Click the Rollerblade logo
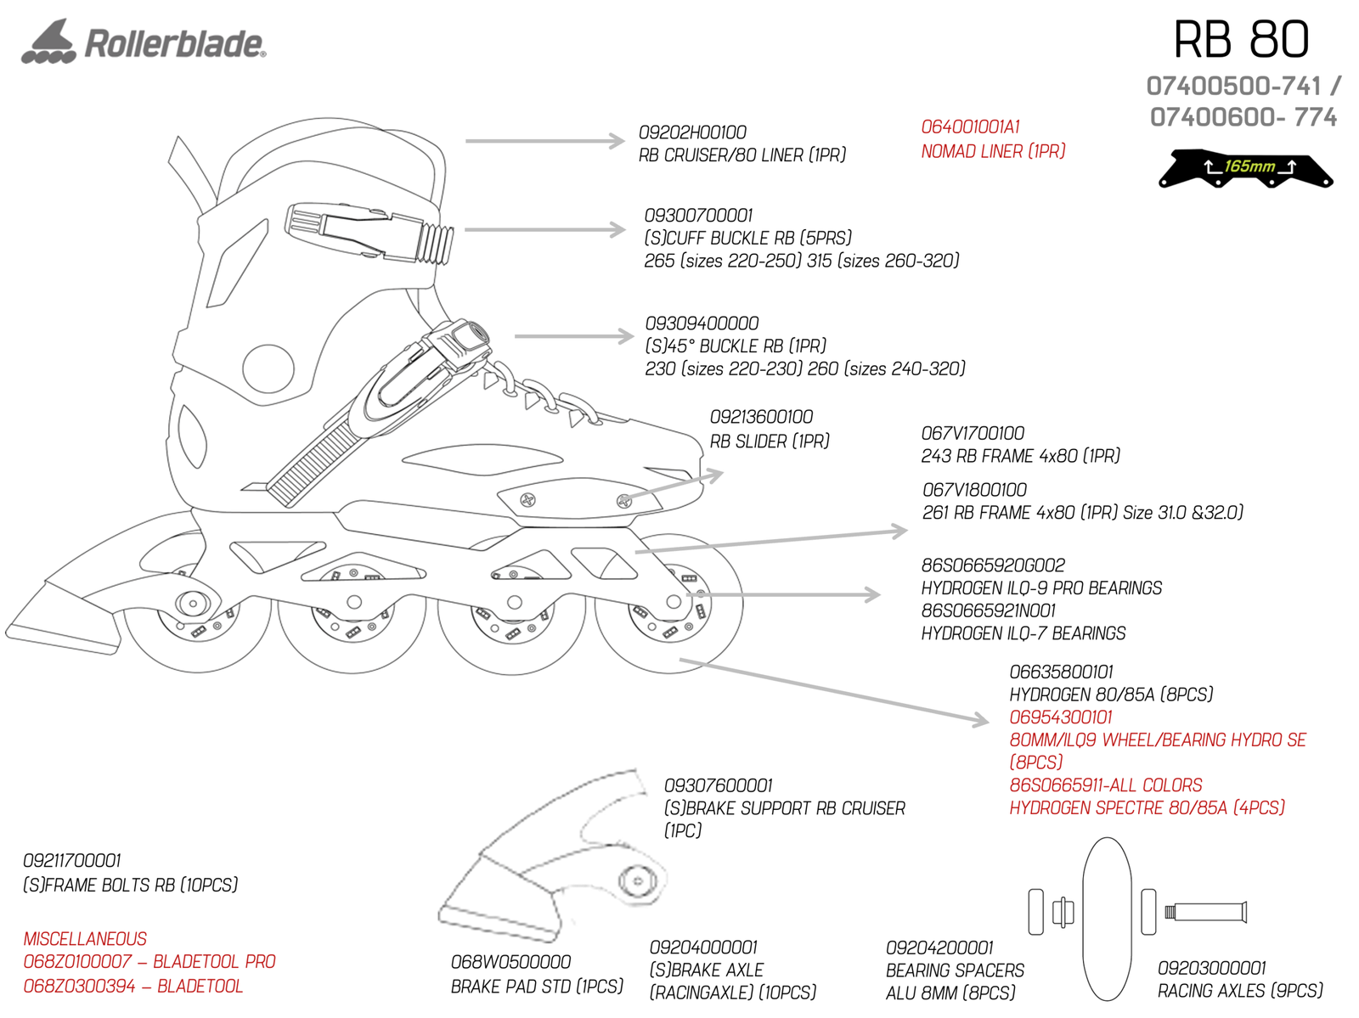coord(144,42)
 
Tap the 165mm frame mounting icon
coord(1245,168)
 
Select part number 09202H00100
coord(692,133)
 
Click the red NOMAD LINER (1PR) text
coord(993,152)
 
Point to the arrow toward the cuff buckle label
coord(544,229)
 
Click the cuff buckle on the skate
coord(369,230)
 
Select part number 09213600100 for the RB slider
coord(761,418)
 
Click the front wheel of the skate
coord(671,603)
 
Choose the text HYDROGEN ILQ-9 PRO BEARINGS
coord(1041,588)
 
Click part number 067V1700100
coord(973,434)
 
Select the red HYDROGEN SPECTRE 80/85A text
coord(1147,808)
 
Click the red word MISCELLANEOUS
coord(85,939)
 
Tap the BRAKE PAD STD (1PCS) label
coord(537,987)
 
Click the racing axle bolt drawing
coord(1206,913)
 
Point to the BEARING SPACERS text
coord(955,970)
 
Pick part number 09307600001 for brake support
coord(718,786)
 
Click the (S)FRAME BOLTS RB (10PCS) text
coord(130,886)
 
